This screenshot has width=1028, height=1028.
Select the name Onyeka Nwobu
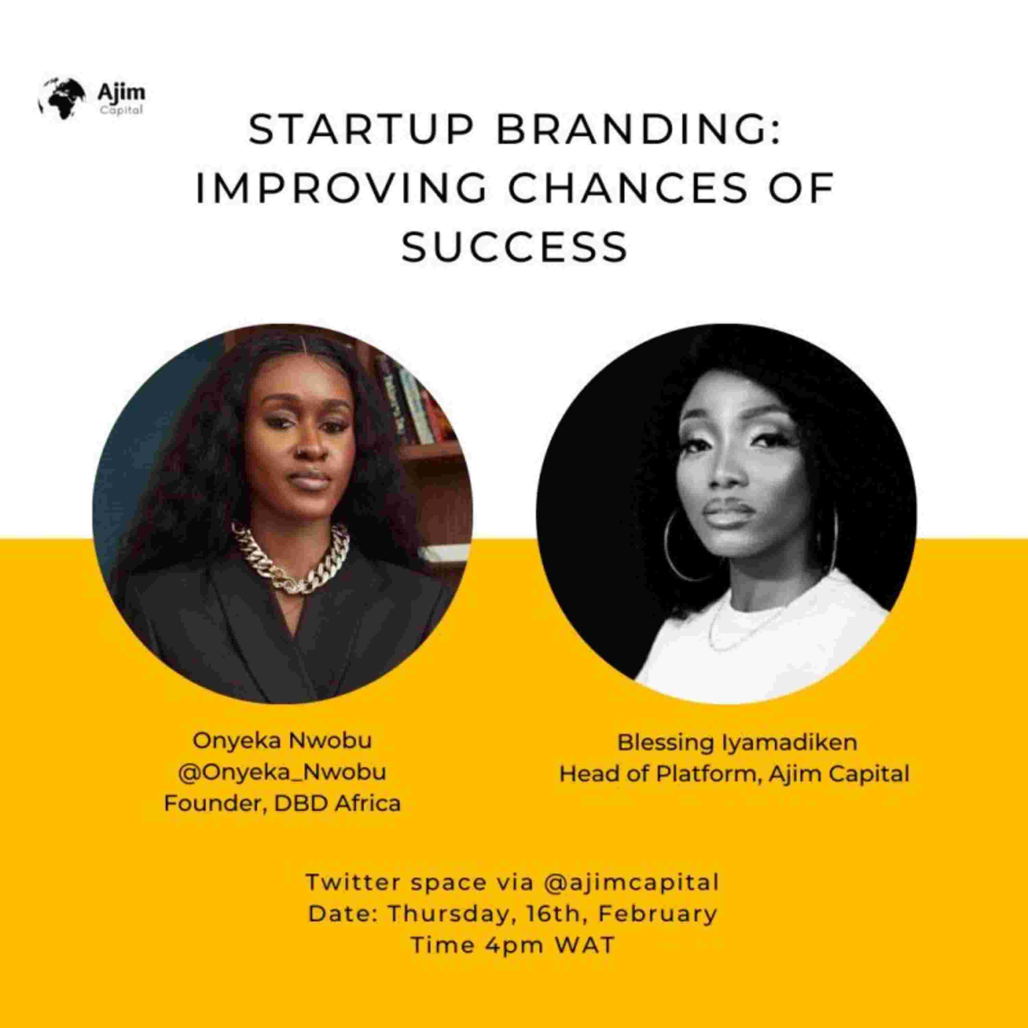pyautogui.click(x=282, y=741)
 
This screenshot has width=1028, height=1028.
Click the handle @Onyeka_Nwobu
pyautogui.click(x=282, y=772)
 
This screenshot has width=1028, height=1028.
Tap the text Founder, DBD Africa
pyautogui.click(x=282, y=803)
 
